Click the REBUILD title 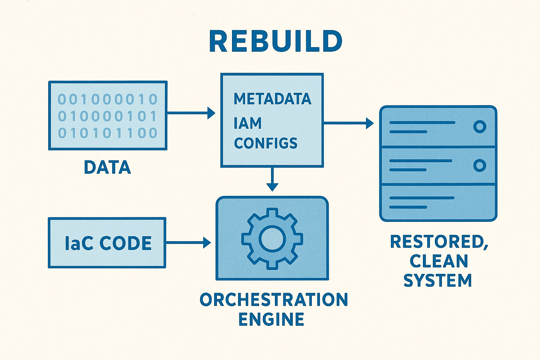[276, 41]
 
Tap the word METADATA [272, 99]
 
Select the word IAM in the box [247, 123]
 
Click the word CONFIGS [265, 143]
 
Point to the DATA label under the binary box [107, 167]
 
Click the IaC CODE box [107, 243]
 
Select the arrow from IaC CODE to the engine [188, 243]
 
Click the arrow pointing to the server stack [348, 123]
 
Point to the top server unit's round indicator [480, 127]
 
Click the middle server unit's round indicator [480, 165]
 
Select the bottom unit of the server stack [438, 202]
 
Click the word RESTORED [439, 242]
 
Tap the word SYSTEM [438, 281]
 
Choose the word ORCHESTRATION [274, 300]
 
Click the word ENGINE [271, 319]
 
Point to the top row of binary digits [107, 99]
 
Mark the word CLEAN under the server [439, 261]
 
